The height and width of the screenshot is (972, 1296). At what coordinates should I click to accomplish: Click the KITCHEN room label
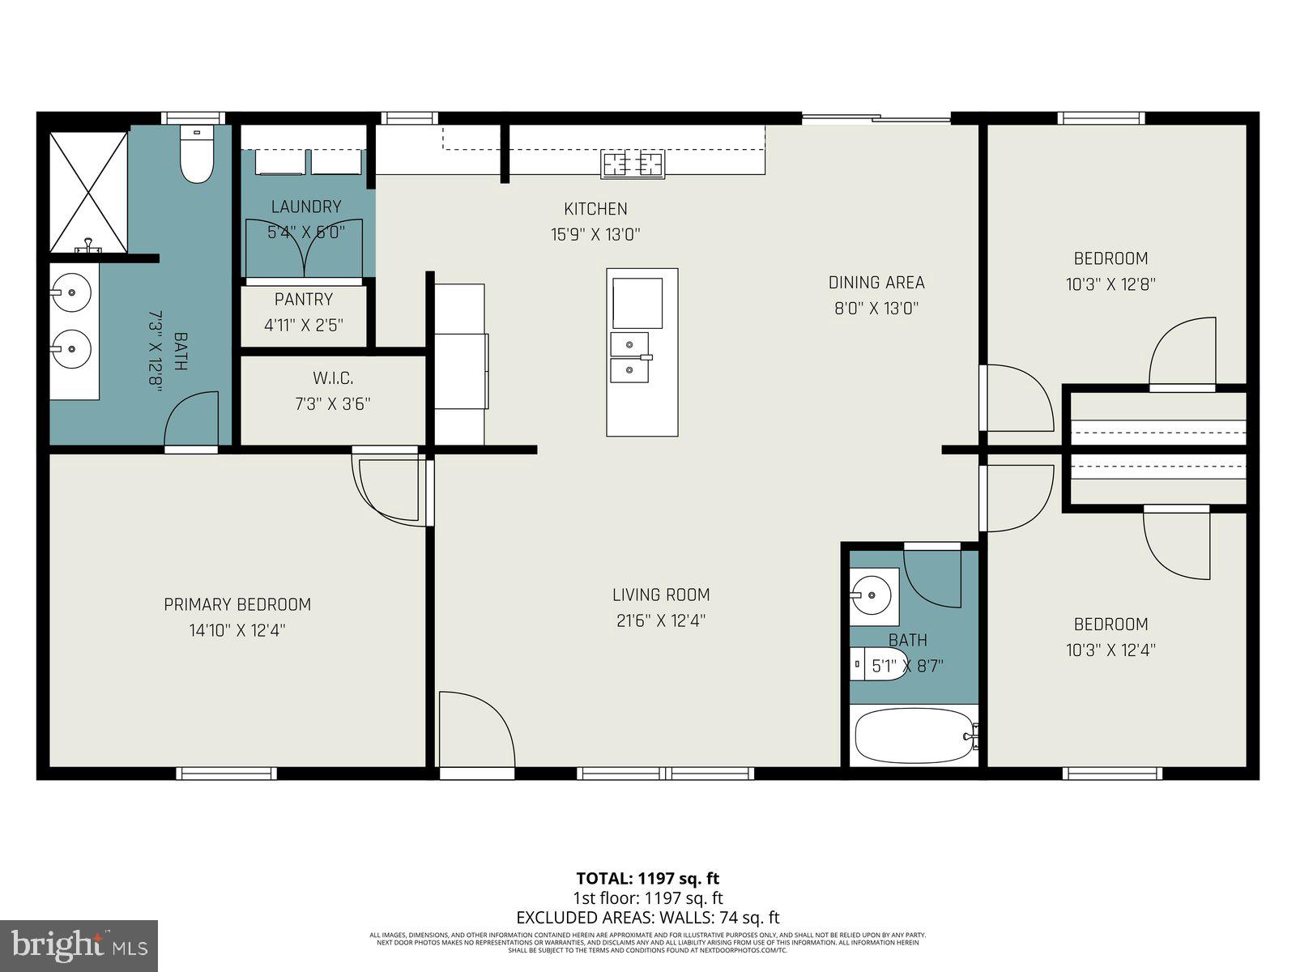[595, 209]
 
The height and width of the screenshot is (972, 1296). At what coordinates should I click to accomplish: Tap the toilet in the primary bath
[195, 156]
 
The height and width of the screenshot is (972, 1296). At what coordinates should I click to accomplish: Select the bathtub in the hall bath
[914, 735]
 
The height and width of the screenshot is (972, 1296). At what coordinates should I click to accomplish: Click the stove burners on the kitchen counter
[632, 164]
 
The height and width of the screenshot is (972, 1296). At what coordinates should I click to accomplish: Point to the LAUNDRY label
[305, 207]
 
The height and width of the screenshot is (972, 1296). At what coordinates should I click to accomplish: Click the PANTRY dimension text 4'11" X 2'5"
[304, 325]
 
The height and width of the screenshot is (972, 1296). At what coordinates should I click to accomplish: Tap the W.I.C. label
[332, 378]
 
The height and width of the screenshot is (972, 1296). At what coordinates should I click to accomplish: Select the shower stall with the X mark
[88, 192]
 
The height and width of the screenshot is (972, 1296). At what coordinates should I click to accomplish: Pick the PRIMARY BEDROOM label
[237, 604]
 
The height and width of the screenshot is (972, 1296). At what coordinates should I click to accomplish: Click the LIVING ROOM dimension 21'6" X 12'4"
[660, 621]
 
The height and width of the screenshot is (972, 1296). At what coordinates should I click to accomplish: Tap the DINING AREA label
[876, 283]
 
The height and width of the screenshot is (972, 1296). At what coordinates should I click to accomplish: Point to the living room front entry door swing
[476, 729]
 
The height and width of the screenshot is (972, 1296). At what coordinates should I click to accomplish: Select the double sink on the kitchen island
[629, 356]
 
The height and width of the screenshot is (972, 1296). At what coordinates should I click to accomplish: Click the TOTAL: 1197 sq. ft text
[647, 878]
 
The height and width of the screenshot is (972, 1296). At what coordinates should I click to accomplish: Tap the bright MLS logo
[79, 945]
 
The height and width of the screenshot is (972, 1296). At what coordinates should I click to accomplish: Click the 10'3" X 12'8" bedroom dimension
[1110, 284]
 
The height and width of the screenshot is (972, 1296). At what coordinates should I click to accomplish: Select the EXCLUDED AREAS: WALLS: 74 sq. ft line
[647, 918]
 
